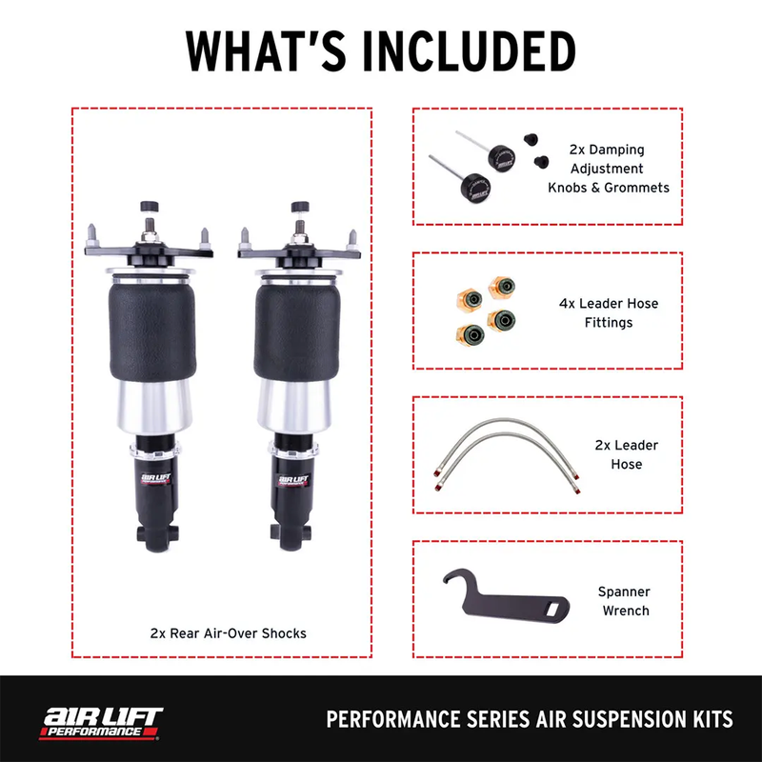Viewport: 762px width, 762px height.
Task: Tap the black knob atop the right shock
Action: point(299,207)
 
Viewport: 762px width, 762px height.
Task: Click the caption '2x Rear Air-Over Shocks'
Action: point(229,632)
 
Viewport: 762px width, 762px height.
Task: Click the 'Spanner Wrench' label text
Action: point(625,599)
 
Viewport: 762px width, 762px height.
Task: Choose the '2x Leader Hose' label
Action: point(627,454)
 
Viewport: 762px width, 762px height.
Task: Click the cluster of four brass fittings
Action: point(483,310)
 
